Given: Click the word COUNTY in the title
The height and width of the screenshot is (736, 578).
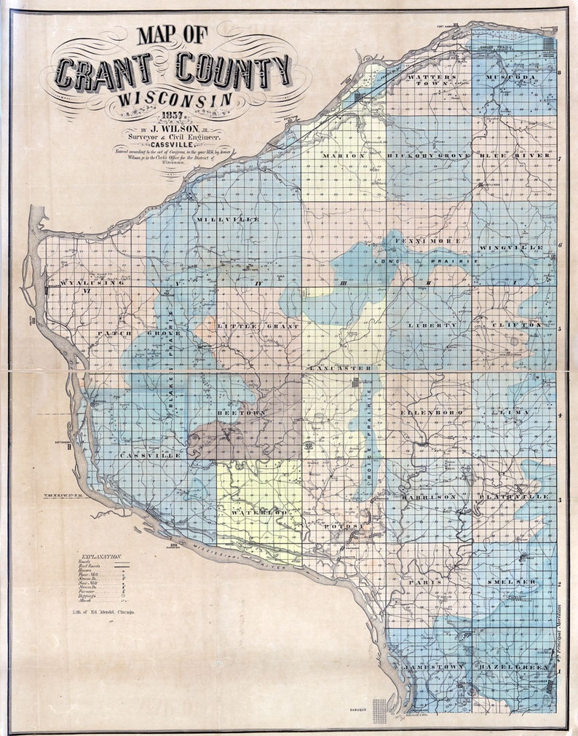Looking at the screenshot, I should [231, 71].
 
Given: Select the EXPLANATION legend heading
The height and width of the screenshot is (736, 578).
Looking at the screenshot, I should [103, 556].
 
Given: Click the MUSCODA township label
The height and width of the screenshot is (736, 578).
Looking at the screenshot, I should [512, 76].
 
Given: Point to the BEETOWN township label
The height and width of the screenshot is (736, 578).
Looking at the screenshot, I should [237, 412].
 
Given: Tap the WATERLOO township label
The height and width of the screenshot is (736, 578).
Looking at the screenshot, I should [256, 513].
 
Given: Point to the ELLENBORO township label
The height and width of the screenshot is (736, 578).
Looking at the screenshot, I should [428, 412].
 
